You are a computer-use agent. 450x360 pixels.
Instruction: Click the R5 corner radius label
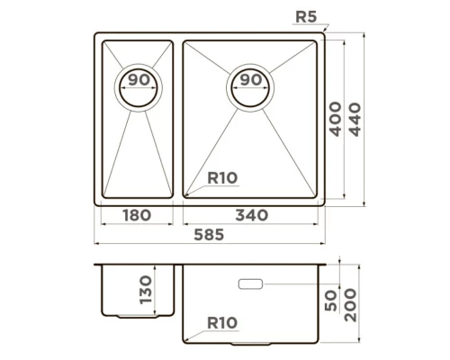(306, 17)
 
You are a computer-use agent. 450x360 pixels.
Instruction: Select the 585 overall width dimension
(209, 235)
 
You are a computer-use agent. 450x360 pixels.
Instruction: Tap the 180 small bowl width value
(137, 215)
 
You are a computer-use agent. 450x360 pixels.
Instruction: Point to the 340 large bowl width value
(252, 215)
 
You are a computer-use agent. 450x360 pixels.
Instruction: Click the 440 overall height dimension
(355, 120)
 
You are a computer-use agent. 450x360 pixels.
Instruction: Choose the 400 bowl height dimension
(336, 119)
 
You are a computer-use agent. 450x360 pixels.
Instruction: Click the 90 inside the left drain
(139, 80)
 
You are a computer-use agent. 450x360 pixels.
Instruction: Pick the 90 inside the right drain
(251, 80)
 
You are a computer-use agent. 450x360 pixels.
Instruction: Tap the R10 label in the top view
(222, 178)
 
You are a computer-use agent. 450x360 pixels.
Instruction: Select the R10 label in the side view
(222, 323)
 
